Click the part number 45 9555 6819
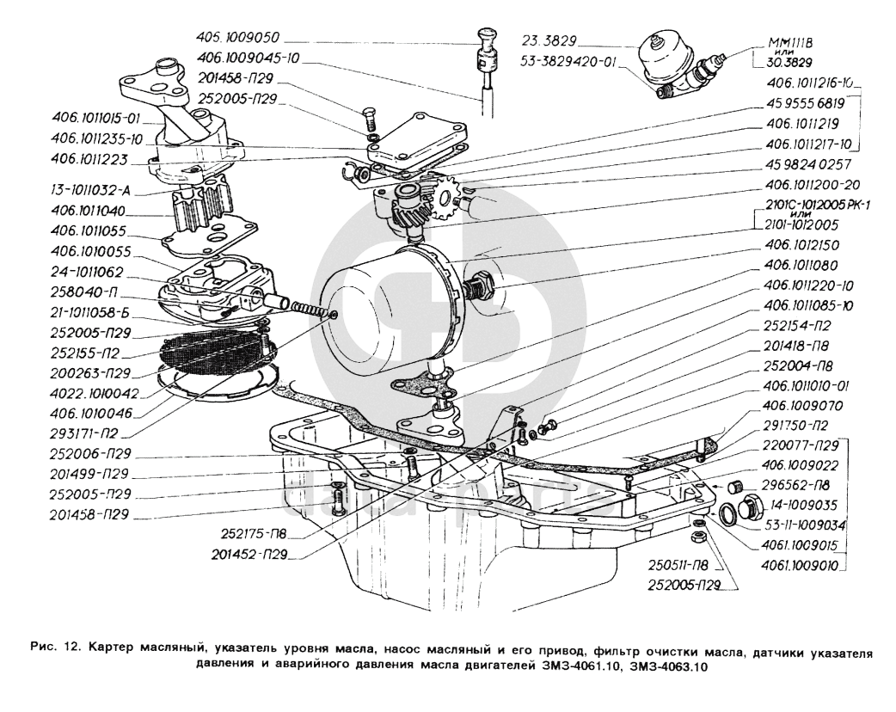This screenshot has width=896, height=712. tap(801, 101)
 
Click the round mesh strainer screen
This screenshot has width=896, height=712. tap(215, 353)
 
